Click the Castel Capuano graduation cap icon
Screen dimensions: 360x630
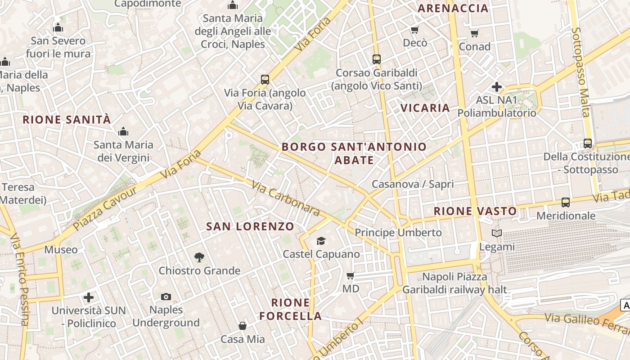(321, 241)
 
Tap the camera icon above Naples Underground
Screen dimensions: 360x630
(166, 297)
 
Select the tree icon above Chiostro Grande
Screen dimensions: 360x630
(199, 257)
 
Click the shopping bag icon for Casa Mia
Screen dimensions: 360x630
(243, 325)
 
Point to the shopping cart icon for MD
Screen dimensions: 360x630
(351, 275)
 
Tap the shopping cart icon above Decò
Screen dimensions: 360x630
(414, 30)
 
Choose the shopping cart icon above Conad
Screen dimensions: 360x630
(474, 33)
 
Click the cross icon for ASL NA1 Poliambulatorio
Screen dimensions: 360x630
(497, 86)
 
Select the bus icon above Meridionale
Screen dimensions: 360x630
(566, 202)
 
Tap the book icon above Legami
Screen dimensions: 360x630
(497, 233)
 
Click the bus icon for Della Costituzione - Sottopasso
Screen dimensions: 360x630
(588, 144)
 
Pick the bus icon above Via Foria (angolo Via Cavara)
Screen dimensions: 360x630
(265, 80)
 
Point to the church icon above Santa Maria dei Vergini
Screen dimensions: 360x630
(123, 132)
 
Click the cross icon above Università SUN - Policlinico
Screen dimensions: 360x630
(89, 297)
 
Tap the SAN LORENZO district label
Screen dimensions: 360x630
(250, 226)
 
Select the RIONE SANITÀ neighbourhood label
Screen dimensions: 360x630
(67, 120)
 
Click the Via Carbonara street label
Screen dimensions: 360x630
(286, 198)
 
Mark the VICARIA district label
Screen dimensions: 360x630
(425, 108)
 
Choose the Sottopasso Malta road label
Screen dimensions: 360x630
(580, 72)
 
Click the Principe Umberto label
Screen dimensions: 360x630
(398, 233)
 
